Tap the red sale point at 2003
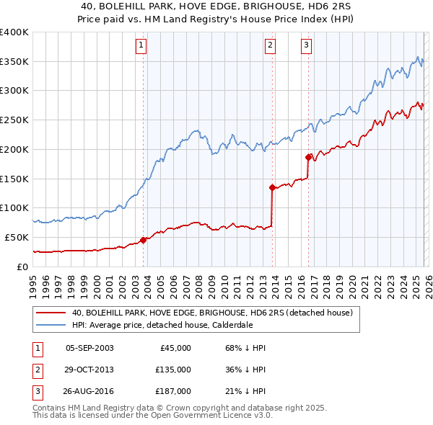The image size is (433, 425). click(x=143, y=240)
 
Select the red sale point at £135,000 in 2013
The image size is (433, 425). click(x=272, y=187)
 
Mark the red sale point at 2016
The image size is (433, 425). click(x=308, y=156)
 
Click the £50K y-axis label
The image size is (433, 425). click(x=16, y=237)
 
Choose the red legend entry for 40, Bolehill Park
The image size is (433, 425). click(x=211, y=313)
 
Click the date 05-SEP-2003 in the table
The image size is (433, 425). click(x=89, y=348)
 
